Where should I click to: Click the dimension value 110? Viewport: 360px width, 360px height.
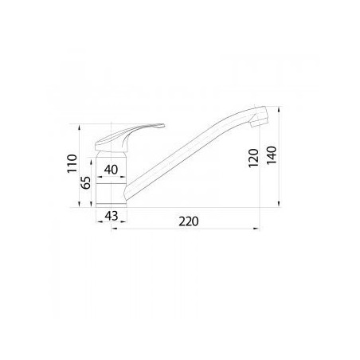pyautogui.click(x=72, y=163)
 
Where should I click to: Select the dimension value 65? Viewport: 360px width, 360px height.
pyautogui.click(x=85, y=182)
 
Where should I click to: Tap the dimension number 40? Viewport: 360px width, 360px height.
pyautogui.click(x=111, y=170)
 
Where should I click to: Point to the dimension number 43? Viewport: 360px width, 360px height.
pyautogui.click(x=112, y=216)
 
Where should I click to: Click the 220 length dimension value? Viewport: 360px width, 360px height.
pyautogui.click(x=189, y=221)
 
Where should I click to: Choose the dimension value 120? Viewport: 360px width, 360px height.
pyautogui.click(x=253, y=158)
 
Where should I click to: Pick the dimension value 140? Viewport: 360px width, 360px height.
pyautogui.click(x=272, y=155)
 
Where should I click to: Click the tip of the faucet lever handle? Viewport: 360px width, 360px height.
pyautogui.click(x=163, y=125)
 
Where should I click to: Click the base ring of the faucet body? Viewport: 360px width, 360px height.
pyautogui.click(x=112, y=205)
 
